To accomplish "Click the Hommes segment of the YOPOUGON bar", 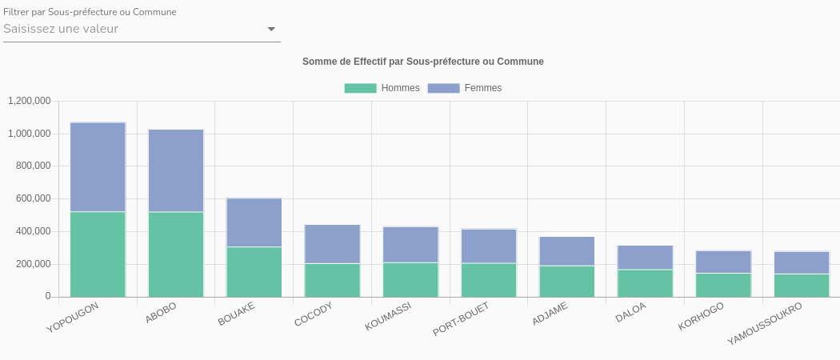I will pos(98,254).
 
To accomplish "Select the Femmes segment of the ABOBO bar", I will pos(176,170).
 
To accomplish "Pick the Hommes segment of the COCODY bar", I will pos(333,280).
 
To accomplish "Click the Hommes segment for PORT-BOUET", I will pos(489,280).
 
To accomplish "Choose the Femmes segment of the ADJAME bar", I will pos(567,251).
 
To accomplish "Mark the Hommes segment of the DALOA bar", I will pos(645,283).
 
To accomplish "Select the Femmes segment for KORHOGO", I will pos(723,262).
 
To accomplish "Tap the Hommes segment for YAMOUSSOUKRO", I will pos(802,286).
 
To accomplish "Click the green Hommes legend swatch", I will pos(360,88).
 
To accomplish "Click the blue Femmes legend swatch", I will pos(443,88).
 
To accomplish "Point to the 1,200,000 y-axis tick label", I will pos(30,101).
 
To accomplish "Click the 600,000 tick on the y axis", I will pos(33,198).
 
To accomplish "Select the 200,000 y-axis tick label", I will pos(33,264).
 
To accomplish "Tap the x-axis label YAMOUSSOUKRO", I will pos(765,324).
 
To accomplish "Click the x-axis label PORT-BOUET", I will pos(460,319).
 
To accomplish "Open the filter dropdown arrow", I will pos(271,30).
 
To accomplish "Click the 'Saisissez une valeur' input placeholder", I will pos(61,29).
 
